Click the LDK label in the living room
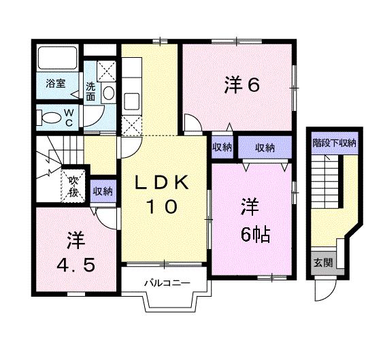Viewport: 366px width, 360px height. tap(163, 182)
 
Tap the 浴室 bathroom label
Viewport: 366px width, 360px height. tap(56, 83)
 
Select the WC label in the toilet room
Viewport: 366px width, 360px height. tap(69, 118)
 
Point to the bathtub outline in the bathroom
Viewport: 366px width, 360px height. tap(57, 58)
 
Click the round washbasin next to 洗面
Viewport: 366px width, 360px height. tap(109, 93)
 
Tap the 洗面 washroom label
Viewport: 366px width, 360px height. tap(90, 91)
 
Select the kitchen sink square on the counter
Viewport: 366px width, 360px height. tap(132, 101)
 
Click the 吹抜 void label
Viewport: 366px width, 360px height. tap(73, 186)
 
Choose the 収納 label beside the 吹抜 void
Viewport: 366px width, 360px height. tap(103, 191)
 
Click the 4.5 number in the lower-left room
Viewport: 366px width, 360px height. tap(76, 265)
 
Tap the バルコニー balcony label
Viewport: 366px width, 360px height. tap(167, 284)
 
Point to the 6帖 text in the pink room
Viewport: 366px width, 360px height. tap(255, 234)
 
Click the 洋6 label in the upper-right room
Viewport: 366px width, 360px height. tap(242, 85)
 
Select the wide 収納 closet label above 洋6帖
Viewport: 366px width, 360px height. tap(265, 148)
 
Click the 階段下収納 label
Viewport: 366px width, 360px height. tap(335, 143)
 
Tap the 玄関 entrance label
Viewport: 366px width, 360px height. tap(323, 263)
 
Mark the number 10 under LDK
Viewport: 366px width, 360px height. tap(162, 207)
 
